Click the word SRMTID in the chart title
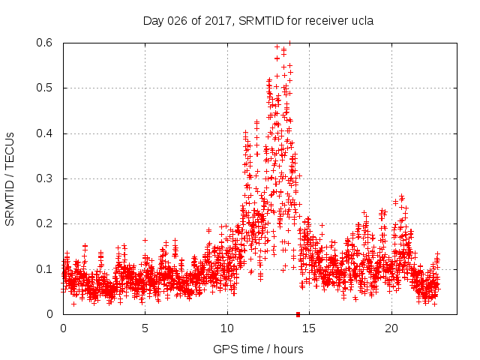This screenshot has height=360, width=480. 259,21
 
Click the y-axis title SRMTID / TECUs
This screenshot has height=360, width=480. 10,178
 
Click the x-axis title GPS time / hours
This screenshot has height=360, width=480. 259,349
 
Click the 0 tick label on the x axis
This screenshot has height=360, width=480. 63,328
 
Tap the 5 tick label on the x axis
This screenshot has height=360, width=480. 145,328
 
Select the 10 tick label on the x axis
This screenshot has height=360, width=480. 227,328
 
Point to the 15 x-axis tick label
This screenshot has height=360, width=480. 310,328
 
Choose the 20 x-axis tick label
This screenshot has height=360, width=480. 391,328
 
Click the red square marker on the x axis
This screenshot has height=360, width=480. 298,314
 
